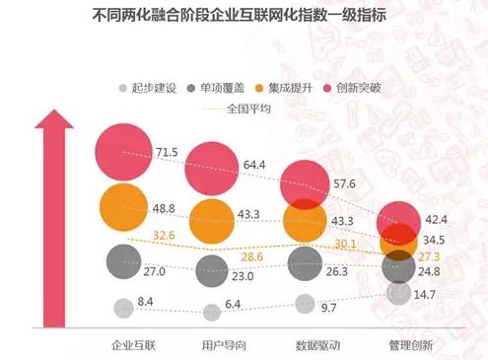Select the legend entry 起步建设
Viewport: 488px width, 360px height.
pyautogui.click(x=148, y=89)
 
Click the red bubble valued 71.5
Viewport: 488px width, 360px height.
pyautogui.click(x=122, y=155)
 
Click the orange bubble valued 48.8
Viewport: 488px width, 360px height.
pyautogui.click(x=122, y=209)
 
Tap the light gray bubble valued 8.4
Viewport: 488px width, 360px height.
pyautogui.click(x=122, y=308)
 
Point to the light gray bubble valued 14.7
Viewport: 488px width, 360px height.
pyautogui.click(x=398, y=293)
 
